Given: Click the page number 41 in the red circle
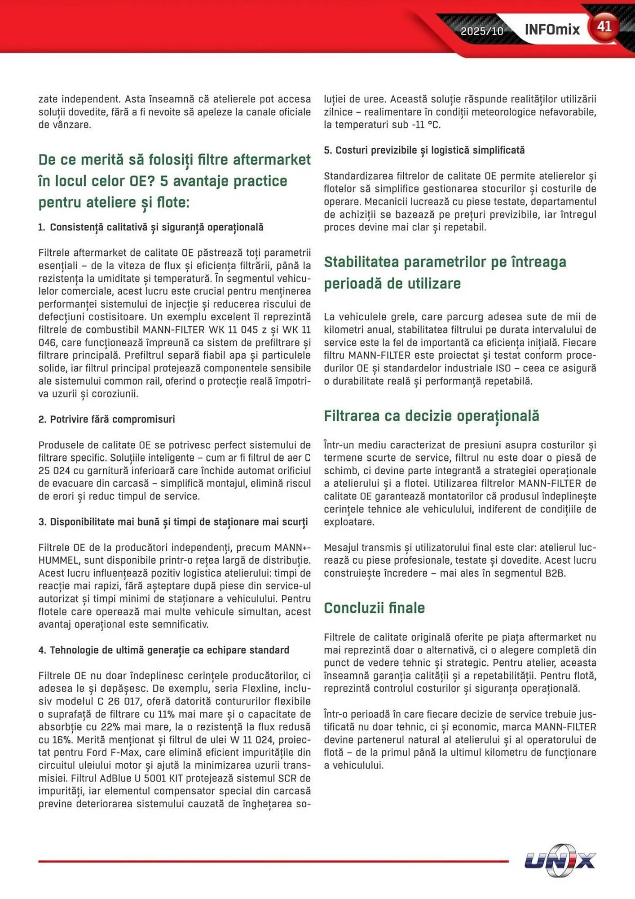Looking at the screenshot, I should (604, 27).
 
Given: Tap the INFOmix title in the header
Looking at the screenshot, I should (552, 30).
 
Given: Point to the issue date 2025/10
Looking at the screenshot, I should (482, 31).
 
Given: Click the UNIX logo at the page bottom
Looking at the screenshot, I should (560, 860).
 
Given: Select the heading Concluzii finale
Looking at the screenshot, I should (374, 608).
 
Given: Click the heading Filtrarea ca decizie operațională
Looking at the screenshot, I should (431, 416).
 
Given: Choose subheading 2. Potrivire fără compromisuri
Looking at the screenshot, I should (106, 419).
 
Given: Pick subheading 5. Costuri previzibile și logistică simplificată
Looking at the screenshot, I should (424, 150).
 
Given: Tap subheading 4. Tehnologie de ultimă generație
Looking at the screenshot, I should (163, 650).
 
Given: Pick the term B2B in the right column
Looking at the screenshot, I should (555, 573).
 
